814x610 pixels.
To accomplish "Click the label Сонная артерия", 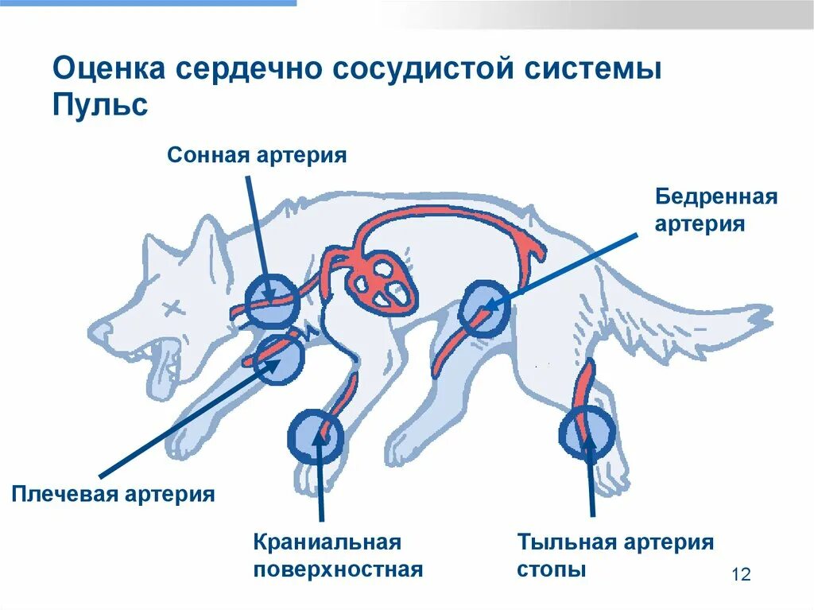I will tap(257, 154).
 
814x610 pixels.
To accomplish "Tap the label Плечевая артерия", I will tap(114, 494).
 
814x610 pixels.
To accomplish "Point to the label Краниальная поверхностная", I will tap(338, 556).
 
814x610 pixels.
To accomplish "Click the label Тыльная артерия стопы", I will tap(615, 556).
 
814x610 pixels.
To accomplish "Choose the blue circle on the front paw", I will tap(316, 436).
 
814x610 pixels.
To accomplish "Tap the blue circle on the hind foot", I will tap(587, 433).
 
